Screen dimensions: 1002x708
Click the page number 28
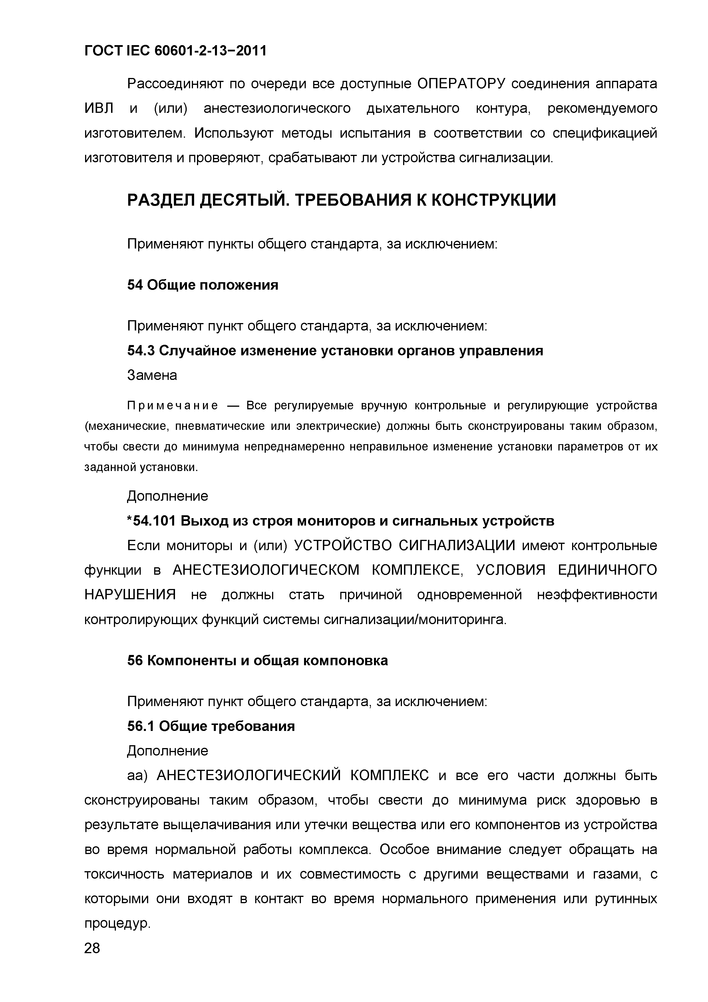pyautogui.click(x=92, y=948)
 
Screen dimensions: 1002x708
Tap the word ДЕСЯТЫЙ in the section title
pyautogui.click(x=245, y=200)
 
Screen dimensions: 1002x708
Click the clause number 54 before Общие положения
pyautogui.click(x=135, y=285)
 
